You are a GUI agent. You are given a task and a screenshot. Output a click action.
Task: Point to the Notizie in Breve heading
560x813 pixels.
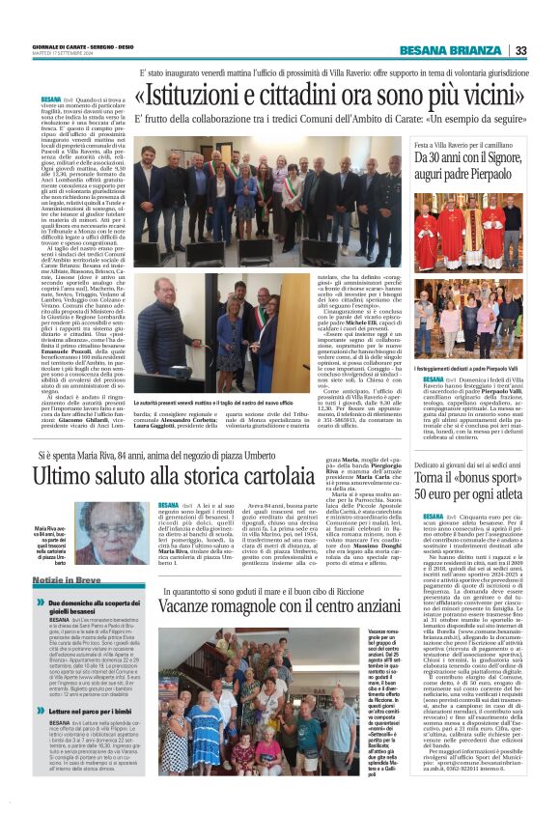68,579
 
